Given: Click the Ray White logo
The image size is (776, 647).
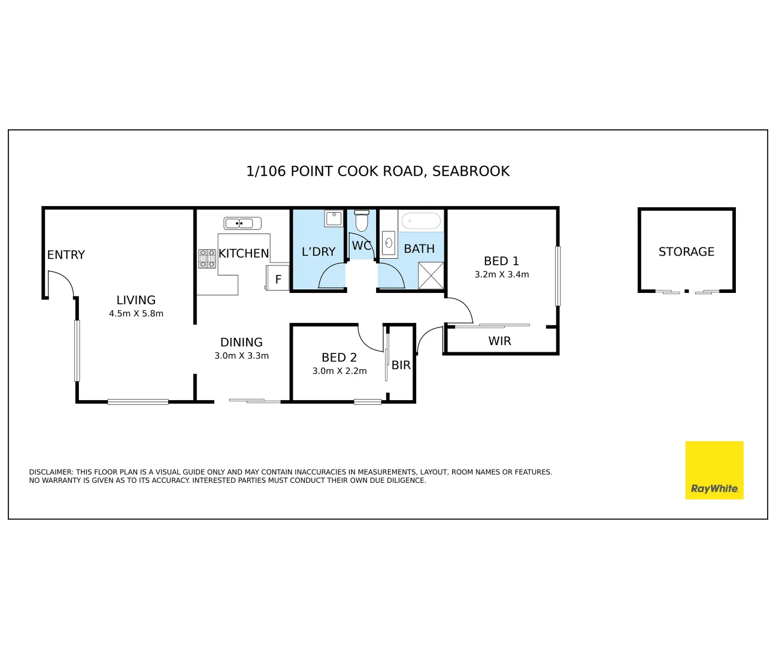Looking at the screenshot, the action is point(714,470).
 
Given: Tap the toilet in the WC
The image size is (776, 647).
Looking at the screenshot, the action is point(361,220).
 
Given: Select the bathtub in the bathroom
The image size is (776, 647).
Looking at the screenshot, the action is point(421,220).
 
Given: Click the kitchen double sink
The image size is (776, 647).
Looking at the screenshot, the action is point(242,223).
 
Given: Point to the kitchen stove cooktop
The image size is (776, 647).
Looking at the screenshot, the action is point(207,259).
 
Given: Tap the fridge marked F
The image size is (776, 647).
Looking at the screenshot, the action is point(278,278).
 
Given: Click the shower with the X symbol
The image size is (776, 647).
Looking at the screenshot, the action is point(431,276).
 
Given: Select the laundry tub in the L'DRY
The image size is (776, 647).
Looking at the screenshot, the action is point(334,219).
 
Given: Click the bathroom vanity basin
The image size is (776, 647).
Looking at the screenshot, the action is point(389,243).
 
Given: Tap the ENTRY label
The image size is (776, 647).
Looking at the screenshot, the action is point(66,255).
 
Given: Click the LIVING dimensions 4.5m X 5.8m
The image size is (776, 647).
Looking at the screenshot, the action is point(136,313).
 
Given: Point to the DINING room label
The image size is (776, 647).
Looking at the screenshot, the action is point(241,342).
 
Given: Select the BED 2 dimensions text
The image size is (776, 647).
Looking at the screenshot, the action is point(339,371).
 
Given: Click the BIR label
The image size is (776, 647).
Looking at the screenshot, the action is point(401,365).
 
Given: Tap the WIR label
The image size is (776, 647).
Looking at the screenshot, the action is point(499,341).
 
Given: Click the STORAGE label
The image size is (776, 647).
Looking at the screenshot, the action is point(686,252).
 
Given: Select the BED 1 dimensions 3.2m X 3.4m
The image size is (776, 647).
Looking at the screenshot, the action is point(502,274).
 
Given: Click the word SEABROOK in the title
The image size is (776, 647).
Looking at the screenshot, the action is point(471,171).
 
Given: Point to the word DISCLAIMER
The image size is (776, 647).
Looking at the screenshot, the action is point(51,472).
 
